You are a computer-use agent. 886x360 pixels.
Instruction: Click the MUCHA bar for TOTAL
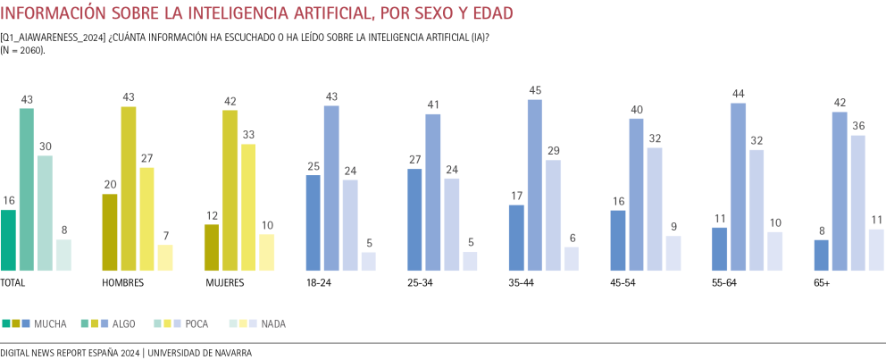pos(8,239)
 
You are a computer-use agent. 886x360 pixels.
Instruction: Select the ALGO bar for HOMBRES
pos(129,188)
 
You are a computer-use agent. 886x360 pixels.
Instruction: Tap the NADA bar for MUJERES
pos(266,252)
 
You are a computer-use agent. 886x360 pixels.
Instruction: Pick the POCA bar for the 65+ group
pos(857,203)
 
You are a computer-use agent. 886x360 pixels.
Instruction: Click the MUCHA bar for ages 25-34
pos(415,219)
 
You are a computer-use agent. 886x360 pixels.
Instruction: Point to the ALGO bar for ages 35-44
pos(535,185)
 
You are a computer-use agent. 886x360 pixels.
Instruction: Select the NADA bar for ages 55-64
pos(773,251)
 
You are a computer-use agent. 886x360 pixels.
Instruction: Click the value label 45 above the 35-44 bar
pos(535,89)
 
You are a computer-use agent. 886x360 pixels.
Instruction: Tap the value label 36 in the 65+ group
pos(857,126)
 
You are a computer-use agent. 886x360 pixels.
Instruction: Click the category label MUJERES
pos(224,282)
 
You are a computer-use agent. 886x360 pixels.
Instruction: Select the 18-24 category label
pos(319,282)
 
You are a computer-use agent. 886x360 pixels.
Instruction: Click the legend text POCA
pos(196,323)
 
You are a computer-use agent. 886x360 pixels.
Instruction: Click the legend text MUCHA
pos(49,323)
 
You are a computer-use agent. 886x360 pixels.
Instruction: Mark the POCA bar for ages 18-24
pos(350,225)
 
